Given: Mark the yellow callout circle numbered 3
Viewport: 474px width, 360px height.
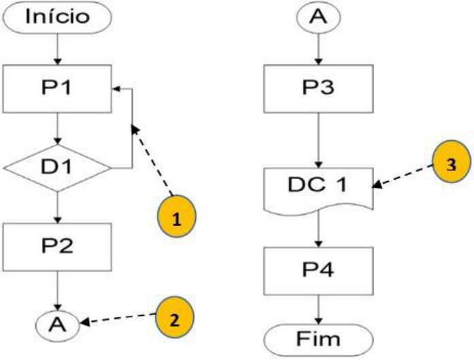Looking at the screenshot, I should click(451, 165).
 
